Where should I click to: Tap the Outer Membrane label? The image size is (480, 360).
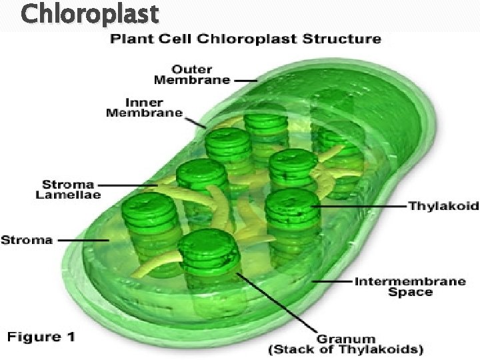tap(192, 74)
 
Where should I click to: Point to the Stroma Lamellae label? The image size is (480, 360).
tap(68, 189)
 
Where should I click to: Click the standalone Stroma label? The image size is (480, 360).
tap(27, 240)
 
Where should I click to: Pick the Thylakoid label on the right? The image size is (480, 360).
tap(443, 207)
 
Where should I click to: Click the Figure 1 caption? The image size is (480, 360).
tap(41, 336)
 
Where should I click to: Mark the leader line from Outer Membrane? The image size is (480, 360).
tap(245, 80)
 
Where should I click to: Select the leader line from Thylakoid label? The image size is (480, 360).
tap(360, 207)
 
